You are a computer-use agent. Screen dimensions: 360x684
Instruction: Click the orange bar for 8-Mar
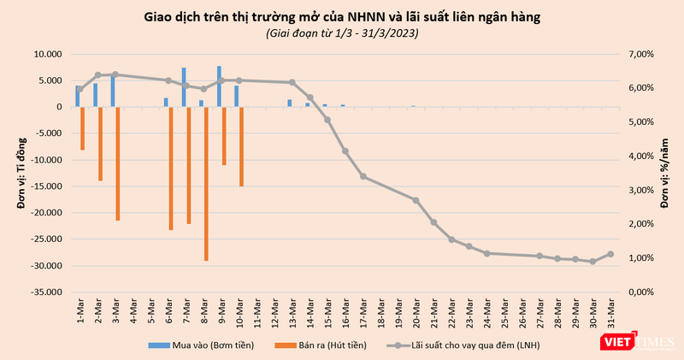coord(206,184)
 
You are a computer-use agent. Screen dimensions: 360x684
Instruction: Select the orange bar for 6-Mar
coord(171,168)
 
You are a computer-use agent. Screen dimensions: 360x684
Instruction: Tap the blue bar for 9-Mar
coord(219,86)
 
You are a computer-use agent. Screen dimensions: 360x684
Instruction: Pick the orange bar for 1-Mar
coord(83,128)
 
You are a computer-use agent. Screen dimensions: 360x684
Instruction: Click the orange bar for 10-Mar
coord(242,146)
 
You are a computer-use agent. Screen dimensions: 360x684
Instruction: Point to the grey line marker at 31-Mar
coord(610,254)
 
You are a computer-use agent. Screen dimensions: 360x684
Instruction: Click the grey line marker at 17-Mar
coord(363,176)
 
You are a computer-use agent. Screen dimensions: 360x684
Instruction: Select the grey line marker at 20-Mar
coord(416,200)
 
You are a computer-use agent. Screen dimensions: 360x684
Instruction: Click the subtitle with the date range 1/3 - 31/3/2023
coord(342,32)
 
